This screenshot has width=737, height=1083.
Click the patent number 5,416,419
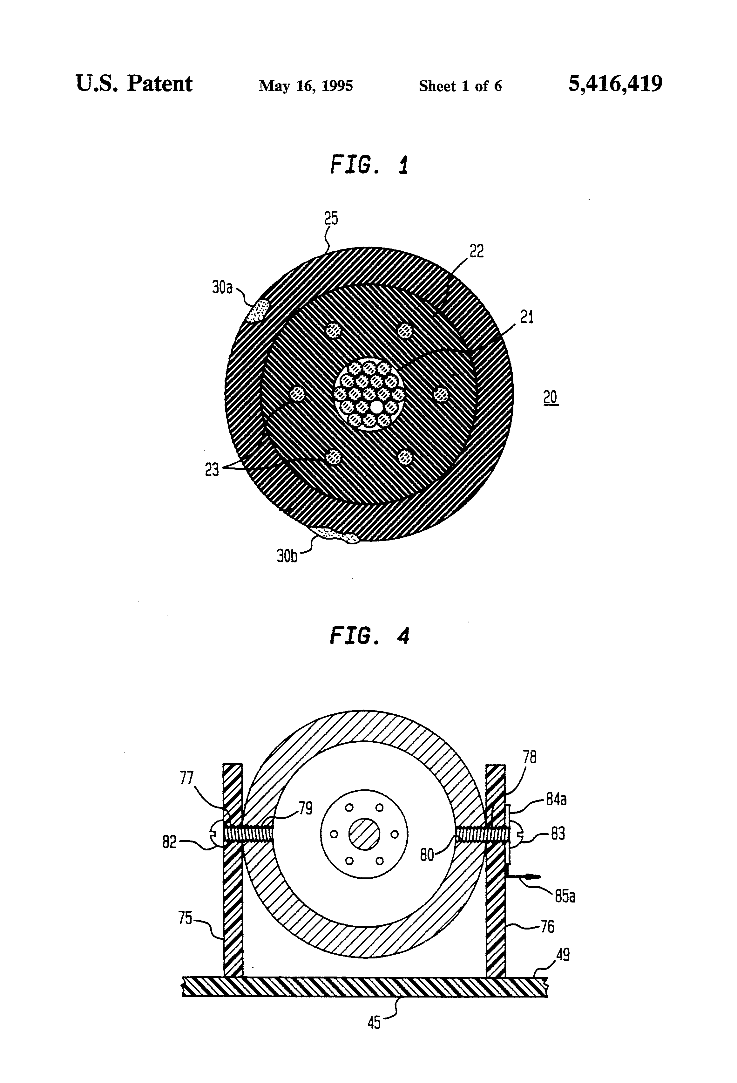coord(615,84)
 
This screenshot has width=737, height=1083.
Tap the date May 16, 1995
coord(306,86)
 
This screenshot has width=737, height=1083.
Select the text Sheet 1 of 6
coord(460,86)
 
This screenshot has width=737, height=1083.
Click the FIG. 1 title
coord(369,165)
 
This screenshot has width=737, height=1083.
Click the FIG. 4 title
coord(369,636)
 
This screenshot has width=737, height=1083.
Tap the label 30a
coord(222,288)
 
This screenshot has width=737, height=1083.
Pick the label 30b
coord(287,556)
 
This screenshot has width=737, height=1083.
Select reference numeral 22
coord(477,251)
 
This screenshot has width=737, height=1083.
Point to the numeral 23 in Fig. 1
coord(212,470)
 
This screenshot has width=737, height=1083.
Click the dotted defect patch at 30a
coord(258,310)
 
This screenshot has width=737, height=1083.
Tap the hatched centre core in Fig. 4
coord(365,834)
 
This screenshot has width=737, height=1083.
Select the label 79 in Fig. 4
coord(306,808)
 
